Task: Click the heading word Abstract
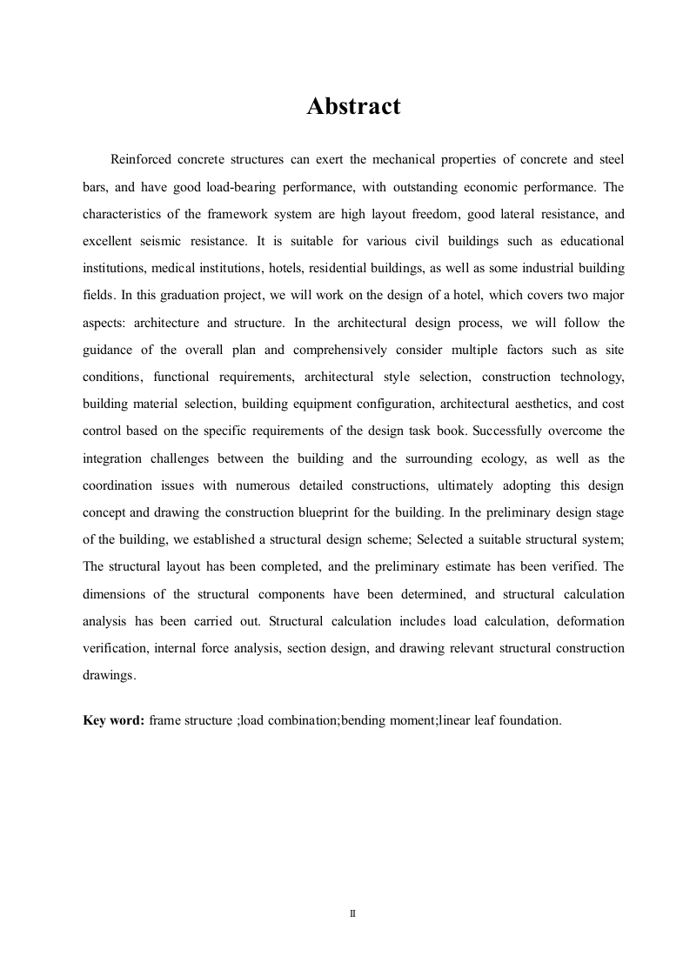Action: (x=353, y=107)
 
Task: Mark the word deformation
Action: (x=588, y=621)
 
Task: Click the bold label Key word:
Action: (x=113, y=720)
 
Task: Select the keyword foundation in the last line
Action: (x=527, y=720)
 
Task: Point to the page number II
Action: (x=352, y=914)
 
